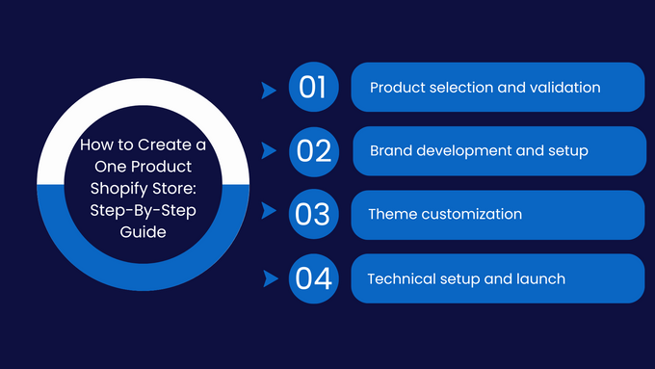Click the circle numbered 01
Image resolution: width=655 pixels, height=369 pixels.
coord(313,88)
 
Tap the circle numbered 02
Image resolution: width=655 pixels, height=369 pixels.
coord(313,151)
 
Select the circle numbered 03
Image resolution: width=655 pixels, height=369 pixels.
coord(313,215)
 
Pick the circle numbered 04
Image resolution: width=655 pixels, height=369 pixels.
coord(313,279)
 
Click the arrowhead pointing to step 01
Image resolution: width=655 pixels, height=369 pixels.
coord(269,90)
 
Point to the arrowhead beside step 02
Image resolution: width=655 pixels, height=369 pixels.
coord(269,152)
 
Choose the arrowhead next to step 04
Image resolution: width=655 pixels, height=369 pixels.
coord(269,279)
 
